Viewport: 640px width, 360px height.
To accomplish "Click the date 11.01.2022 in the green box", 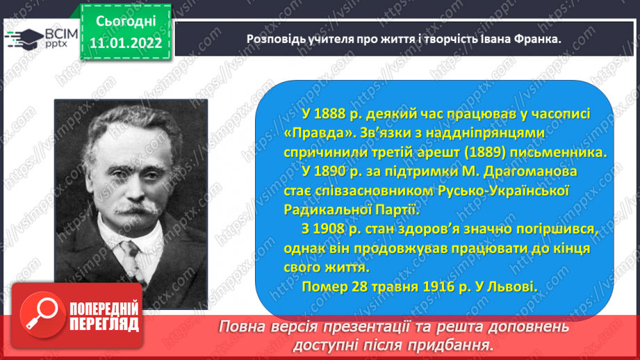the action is (x=126, y=43).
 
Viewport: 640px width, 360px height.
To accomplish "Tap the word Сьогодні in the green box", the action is (x=126, y=22).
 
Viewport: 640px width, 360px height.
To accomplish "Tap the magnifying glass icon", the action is (x=42, y=315).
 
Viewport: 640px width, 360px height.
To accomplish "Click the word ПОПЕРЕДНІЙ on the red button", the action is (x=104, y=309).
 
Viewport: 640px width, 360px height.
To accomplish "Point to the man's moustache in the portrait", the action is (x=138, y=208).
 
